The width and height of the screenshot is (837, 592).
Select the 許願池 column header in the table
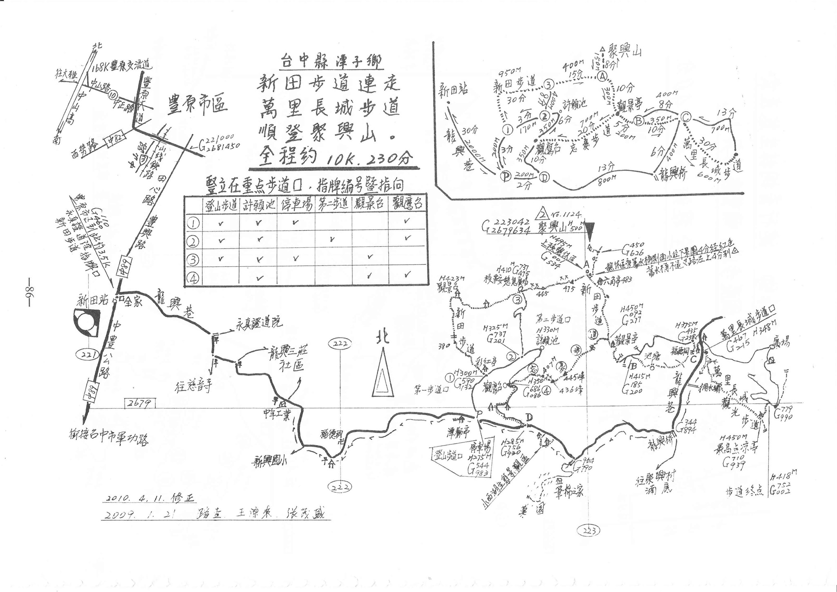pyautogui.click(x=258, y=204)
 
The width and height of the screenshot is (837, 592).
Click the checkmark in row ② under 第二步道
pyautogui.click(x=332, y=240)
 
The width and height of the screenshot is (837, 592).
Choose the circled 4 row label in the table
pyautogui.click(x=193, y=278)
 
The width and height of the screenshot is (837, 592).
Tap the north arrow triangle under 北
pyautogui.click(x=383, y=373)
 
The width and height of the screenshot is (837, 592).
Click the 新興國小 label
pyautogui.click(x=270, y=462)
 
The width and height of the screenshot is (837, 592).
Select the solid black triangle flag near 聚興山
pyautogui.click(x=590, y=232)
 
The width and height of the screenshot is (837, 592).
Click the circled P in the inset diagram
pyautogui.click(x=506, y=176)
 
